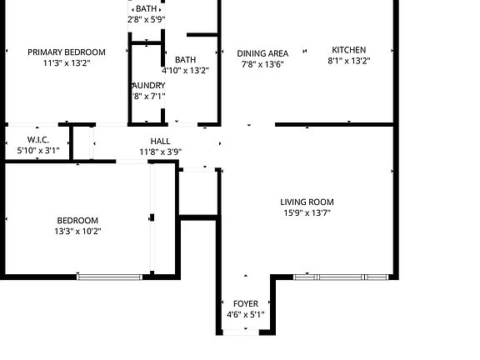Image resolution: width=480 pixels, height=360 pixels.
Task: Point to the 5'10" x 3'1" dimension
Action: (38, 151)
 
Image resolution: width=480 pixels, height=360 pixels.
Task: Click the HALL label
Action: (160, 142)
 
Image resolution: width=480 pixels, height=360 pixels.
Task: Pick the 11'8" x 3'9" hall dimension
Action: (160, 152)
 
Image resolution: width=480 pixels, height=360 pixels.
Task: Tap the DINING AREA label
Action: (262, 53)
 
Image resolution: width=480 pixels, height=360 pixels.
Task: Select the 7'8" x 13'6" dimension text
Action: (262, 64)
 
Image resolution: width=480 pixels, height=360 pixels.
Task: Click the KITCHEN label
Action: (348, 50)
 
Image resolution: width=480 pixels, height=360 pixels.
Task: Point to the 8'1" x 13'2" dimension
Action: (348, 61)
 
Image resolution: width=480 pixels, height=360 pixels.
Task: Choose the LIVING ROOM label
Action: (307, 202)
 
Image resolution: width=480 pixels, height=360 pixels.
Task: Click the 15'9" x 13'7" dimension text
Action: (307, 212)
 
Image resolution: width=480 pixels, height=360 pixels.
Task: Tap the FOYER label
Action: (245, 303)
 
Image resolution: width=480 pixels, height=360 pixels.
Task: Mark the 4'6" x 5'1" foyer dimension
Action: (245, 315)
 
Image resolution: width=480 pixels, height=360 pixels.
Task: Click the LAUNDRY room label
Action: (147, 86)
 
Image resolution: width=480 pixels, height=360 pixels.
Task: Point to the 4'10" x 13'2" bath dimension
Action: (185, 71)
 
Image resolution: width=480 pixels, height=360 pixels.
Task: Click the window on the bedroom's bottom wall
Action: (110, 276)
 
